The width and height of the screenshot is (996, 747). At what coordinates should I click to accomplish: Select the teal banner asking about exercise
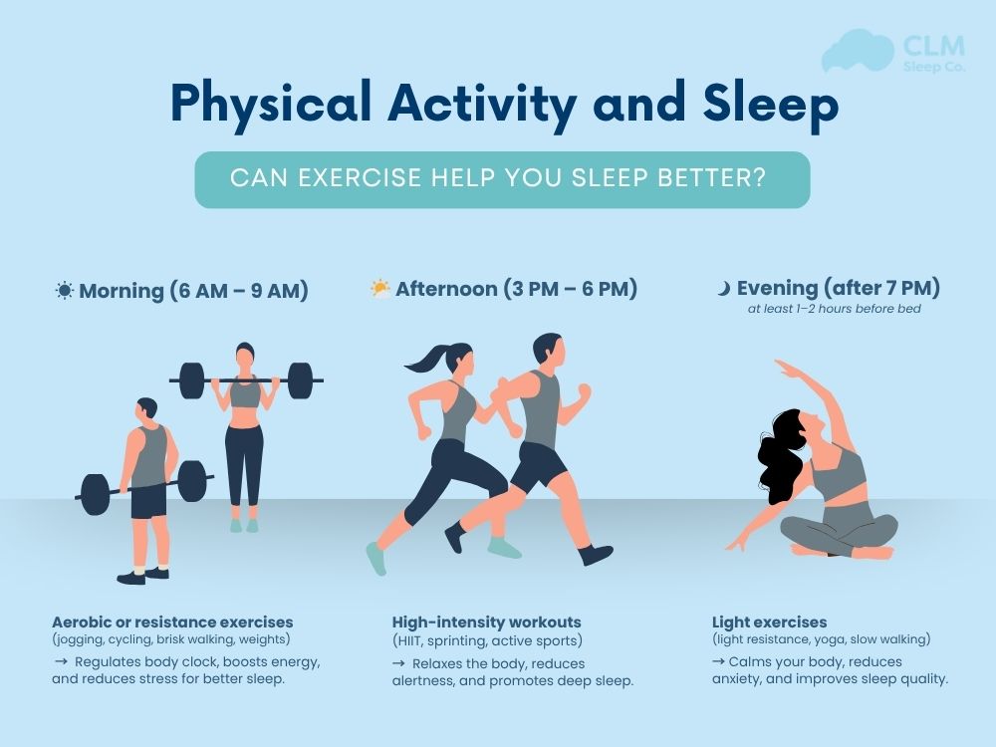tap(502, 179)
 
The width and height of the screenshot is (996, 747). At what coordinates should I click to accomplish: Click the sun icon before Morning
tap(65, 291)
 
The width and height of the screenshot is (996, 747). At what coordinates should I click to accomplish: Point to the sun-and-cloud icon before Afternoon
tap(380, 290)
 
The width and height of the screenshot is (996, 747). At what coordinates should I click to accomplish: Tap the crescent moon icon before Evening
tap(724, 289)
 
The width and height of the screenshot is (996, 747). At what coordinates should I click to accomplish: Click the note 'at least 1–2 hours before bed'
tap(834, 309)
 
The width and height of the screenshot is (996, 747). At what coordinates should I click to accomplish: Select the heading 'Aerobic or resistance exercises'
tap(172, 622)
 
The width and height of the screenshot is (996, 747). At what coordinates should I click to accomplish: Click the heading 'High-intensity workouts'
tap(486, 622)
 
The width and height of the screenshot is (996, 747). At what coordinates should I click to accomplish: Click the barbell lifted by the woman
tap(245, 379)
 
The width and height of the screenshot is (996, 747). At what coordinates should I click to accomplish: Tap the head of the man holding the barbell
tap(146, 409)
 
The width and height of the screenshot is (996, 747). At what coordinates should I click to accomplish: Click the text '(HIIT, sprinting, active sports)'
tap(487, 640)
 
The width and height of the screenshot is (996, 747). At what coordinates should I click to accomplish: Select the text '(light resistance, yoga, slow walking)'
tap(821, 639)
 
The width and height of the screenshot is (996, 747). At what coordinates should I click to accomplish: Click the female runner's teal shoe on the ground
tap(374, 558)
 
